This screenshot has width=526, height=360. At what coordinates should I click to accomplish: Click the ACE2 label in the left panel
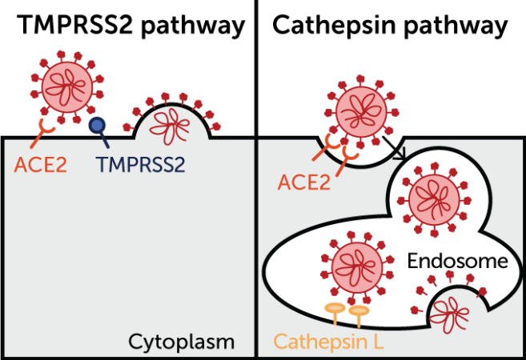pos(40,166)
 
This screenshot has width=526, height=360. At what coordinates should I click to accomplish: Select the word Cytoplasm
pos(181,342)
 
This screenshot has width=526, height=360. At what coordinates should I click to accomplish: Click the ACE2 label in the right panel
pos(304,182)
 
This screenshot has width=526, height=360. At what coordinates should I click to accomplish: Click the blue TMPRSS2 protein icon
pos(97,126)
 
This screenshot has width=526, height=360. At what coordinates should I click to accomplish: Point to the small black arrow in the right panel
pos(400,153)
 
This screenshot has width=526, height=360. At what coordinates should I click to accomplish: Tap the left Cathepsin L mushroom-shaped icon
pos(334,311)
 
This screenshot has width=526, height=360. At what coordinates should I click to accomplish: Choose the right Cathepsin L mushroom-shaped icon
pos(359,313)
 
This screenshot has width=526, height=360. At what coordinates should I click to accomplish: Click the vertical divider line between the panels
pos(256,180)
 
